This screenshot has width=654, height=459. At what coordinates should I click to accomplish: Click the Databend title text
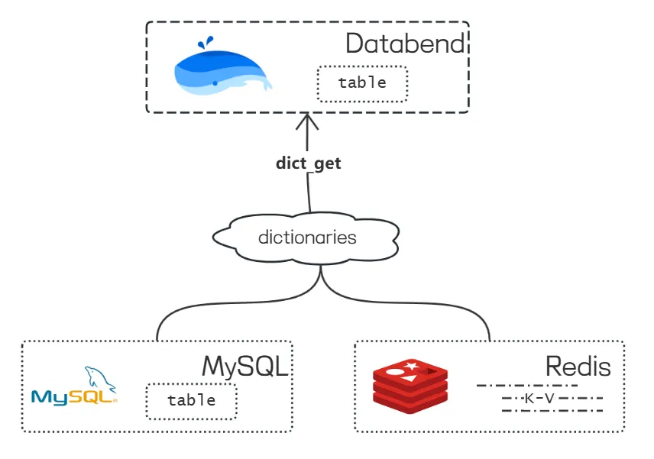405,44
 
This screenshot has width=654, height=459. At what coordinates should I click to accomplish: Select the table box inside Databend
362,83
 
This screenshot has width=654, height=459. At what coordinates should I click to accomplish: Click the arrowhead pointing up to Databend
307,121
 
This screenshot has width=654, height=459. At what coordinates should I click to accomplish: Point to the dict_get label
308,163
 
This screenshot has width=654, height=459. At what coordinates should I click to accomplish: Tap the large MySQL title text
245,367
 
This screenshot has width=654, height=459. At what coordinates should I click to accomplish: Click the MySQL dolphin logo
74,386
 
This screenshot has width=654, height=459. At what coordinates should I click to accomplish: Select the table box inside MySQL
192,401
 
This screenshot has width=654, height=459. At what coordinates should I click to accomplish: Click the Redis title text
578,367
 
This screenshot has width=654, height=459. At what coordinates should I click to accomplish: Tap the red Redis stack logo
410,386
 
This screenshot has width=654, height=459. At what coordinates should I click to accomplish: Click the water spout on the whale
206,42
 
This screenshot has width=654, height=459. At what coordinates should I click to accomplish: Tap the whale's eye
215,83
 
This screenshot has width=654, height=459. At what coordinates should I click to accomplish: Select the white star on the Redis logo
412,366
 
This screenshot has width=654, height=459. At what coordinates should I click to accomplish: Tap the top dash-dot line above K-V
526,386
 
